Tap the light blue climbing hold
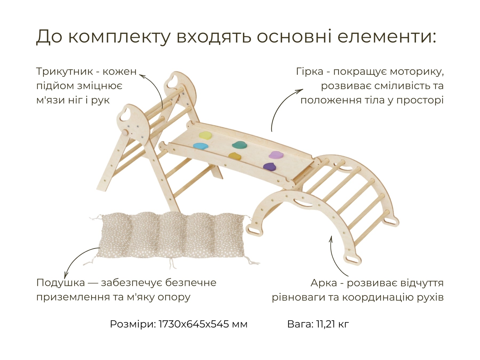[200, 146]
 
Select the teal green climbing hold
[240, 145]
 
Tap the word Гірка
[310, 72]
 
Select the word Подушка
[61, 283]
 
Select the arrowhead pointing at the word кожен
[142, 76]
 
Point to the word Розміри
[133, 325]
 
